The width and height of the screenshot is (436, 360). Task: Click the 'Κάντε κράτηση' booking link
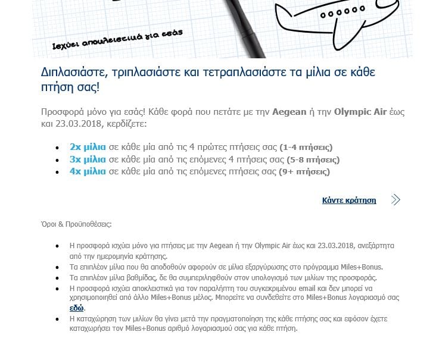point(349,201)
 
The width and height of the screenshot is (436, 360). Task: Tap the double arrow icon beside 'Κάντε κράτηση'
point(395,200)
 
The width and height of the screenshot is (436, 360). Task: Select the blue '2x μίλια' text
point(88,147)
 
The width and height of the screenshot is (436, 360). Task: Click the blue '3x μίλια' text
point(88,159)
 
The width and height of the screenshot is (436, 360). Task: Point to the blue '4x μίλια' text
point(88,172)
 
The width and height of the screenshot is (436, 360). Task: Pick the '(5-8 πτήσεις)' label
point(313,160)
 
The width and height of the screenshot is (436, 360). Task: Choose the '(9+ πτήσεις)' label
point(304,173)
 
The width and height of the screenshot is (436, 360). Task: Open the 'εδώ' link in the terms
point(77,308)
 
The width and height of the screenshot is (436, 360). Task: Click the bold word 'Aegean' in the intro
point(289,112)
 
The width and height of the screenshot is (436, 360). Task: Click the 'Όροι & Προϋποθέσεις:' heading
point(76,224)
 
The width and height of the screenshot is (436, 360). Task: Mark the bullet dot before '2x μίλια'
point(57,148)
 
